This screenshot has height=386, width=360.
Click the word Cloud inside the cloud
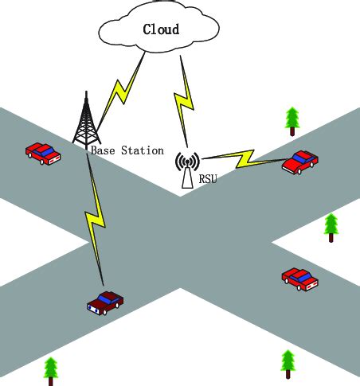coord(160,29)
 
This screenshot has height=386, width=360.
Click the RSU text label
coord(207,179)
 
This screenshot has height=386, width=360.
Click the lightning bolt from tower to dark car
coord(96,215)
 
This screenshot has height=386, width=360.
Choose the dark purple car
coord(105,302)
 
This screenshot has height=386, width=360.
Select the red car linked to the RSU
coord(299,162)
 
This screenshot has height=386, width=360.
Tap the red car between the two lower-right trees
coord(299,278)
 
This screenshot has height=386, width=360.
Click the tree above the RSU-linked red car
coord(292,119)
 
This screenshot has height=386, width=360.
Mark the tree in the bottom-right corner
coord(288,363)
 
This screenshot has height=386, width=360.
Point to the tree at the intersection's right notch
coord(331,227)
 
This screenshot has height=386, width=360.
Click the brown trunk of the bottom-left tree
coord(52,380)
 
